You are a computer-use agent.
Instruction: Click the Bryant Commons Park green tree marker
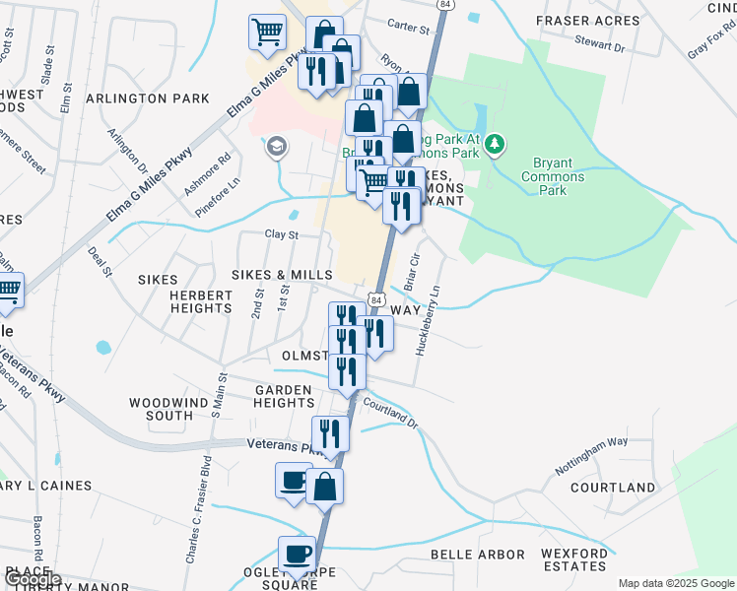pyautogui.click(x=496, y=146)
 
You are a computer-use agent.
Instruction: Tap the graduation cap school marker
pyautogui.click(x=277, y=148)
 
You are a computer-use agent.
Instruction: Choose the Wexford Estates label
pyautogui.click(x=574, y=560)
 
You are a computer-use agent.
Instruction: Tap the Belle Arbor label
pyautogui.click(x=478, y=555)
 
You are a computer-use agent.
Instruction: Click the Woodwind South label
pyautogui.click(x=162, y=409)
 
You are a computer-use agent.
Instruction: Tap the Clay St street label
pyautogui.click(x=281, y=234)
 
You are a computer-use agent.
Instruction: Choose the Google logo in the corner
pyautogui.click(x=33, y=579)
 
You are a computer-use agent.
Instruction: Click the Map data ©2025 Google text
pyautogui.click(x=676, y=583)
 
